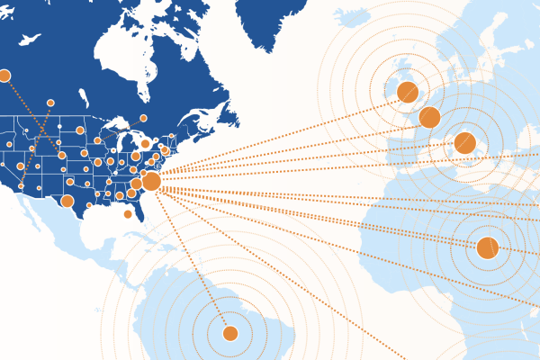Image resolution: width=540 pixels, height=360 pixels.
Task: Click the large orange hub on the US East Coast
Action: pos(151,182)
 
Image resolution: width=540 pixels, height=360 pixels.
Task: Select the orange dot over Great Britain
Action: pos(407,91)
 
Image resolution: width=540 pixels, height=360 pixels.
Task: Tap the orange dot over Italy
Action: pos(464,142)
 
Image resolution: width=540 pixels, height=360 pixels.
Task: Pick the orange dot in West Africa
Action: pos(487,247)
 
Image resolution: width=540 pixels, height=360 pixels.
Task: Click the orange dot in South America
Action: pos(229,334)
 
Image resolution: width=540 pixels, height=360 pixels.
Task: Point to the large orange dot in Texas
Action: pos(67,202)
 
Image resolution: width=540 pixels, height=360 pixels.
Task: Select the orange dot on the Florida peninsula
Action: pos(127,213)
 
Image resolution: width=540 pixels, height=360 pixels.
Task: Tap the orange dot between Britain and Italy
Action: pos(429,117)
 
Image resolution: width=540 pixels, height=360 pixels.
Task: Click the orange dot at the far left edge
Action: pos(4,76)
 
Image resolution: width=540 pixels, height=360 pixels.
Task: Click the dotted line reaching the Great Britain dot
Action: pos(279,136)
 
